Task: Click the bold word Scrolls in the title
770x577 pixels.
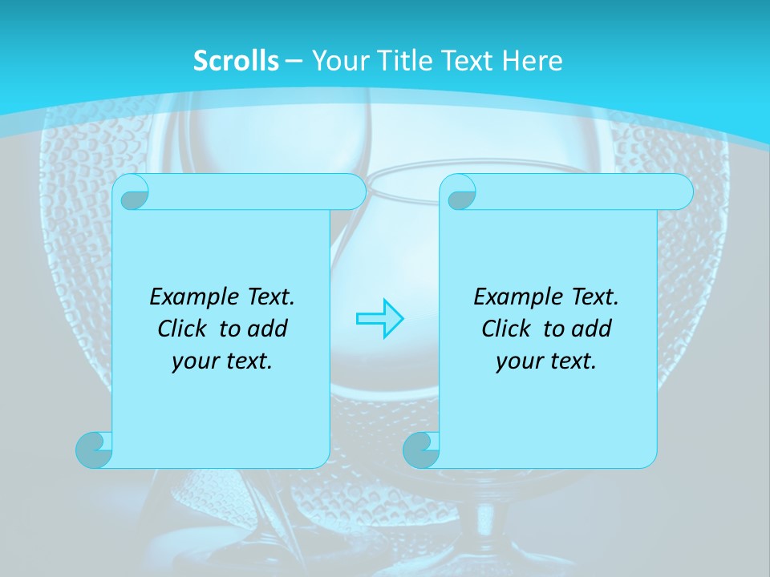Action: (x=236, y=61)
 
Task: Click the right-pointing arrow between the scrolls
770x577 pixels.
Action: (x=379, y=318)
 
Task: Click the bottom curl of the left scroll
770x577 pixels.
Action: (x=94, y=450)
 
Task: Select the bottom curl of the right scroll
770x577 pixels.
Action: (x=421, y=450)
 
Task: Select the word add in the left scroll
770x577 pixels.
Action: (x=269, y=329)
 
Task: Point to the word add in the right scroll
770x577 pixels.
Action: (x=593, y=329)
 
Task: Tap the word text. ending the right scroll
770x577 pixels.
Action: (x=574, y=361)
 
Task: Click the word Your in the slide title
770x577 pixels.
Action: (x=335, y=61)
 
